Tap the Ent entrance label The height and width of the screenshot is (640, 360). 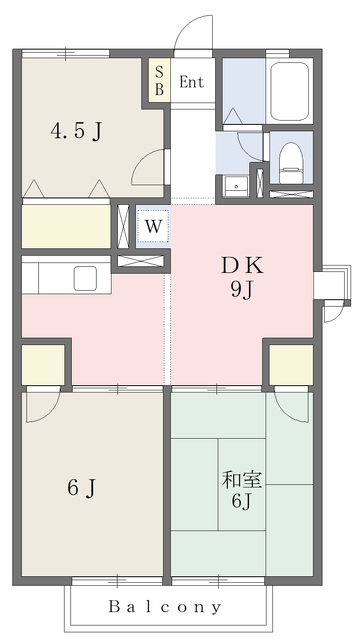192,82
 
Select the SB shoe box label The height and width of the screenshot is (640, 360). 158,80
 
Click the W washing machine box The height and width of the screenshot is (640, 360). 152,226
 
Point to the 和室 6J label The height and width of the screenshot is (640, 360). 240,489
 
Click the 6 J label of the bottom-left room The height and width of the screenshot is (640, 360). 82,488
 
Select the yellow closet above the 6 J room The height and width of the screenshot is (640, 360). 42,364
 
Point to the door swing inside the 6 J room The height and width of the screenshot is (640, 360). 41,404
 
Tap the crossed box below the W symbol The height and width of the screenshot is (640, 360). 143,261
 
